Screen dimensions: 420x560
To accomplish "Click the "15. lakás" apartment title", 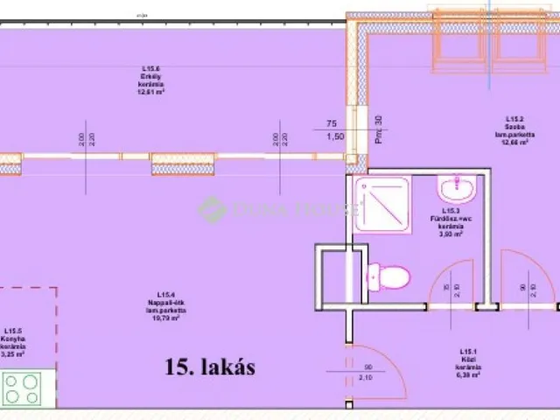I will pyautogui.click(x=210, y=367).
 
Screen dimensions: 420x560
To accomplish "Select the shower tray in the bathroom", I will pyautogui.click(x=382, y=204).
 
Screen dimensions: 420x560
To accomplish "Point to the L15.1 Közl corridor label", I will pyautogui.click(x=468, y=360).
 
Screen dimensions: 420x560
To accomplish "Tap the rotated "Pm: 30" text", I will pyautogui.click(x=379, y=130).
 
